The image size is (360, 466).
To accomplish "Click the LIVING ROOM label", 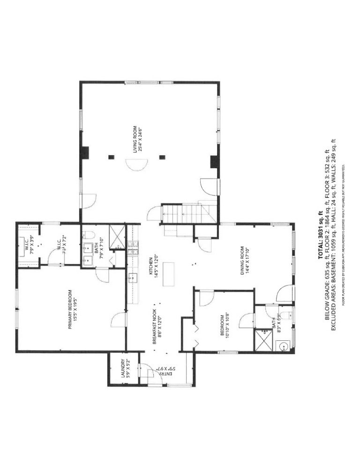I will click(x=136, y=139).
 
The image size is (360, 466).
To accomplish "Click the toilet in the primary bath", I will click(x=91, y=235).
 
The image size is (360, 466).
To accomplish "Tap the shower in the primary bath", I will click(x=117, y=236).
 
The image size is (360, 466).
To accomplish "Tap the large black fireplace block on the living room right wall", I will click(x=214, y=161).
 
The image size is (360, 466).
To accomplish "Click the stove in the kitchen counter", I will click(x=133, y=248).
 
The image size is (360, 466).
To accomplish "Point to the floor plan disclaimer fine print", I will click(x=344, y=234).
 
